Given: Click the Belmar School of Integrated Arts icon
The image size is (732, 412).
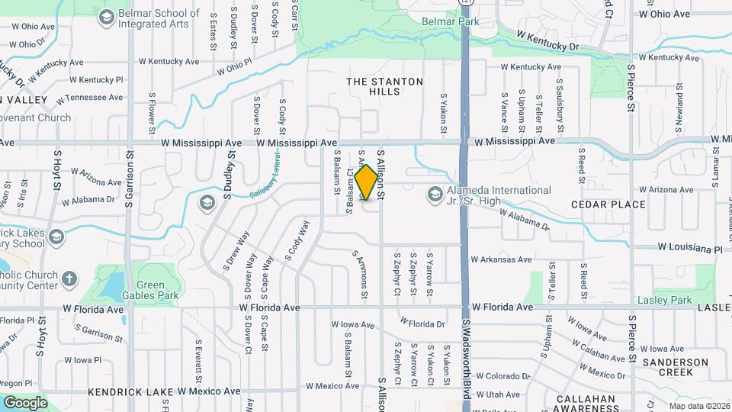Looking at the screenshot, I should click(x=106, y=16).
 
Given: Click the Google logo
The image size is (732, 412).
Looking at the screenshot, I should click(x=25, y=403).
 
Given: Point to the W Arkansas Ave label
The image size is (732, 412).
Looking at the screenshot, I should click(x=501, y=259).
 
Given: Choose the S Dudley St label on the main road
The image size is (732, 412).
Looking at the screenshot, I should click(x=228, y=171).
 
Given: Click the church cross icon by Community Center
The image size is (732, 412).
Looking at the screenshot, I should click(x=69, y=278).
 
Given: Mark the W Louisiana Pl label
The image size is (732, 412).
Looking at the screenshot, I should click(x=690, y=249).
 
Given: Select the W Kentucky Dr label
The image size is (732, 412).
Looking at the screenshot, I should click(x=547, y=41).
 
